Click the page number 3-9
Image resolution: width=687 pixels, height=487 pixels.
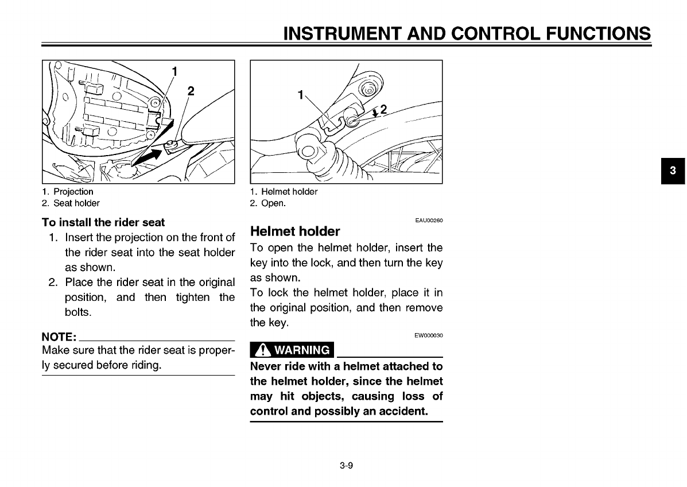(x=346, y=465)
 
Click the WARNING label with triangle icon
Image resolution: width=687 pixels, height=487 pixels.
(x=292, y=350)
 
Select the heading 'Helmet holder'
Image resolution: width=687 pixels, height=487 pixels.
(x=295, y=231)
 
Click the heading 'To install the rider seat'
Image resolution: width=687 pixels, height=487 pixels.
(x=103, y=222)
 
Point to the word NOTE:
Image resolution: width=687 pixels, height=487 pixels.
(x=59, y=337)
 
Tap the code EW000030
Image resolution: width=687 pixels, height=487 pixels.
(x=429, y=335)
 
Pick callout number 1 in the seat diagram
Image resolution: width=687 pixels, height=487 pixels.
(x=174, y=72)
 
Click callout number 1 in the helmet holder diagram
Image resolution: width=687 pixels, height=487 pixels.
(x=300, y=95)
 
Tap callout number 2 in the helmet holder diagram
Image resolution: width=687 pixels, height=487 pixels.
(x=383, y=109)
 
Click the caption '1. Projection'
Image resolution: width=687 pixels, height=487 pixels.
(x=68, y=192)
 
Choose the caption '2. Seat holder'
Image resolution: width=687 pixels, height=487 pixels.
(x=71, y=203)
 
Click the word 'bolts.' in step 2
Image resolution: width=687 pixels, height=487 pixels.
(x=78, y=312)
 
